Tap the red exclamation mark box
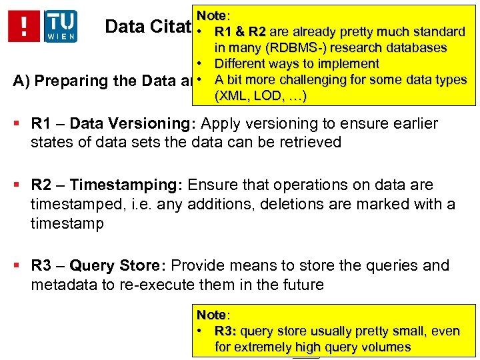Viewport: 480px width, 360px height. click(x=25, y=26)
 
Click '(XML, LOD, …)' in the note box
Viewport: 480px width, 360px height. click(x=260, y=96)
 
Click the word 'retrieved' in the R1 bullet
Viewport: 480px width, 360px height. click(x=310, y=142)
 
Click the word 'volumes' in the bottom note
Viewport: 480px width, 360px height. click(x=386, y=347)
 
